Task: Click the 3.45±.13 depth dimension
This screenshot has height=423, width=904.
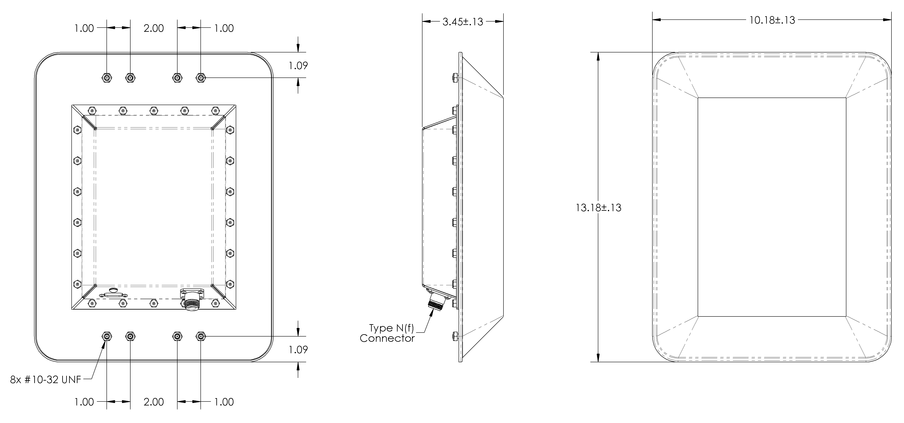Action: [463, 22]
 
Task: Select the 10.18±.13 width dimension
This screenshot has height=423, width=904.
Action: [772, 20]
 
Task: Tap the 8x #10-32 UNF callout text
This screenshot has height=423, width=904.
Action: [46, 380]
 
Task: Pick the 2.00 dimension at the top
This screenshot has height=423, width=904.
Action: [153, 28]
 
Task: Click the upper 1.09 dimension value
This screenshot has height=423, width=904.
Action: [298, 66]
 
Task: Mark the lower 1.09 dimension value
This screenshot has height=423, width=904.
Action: [298, 350]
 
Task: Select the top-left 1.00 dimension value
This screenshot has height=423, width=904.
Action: [84, 28]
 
